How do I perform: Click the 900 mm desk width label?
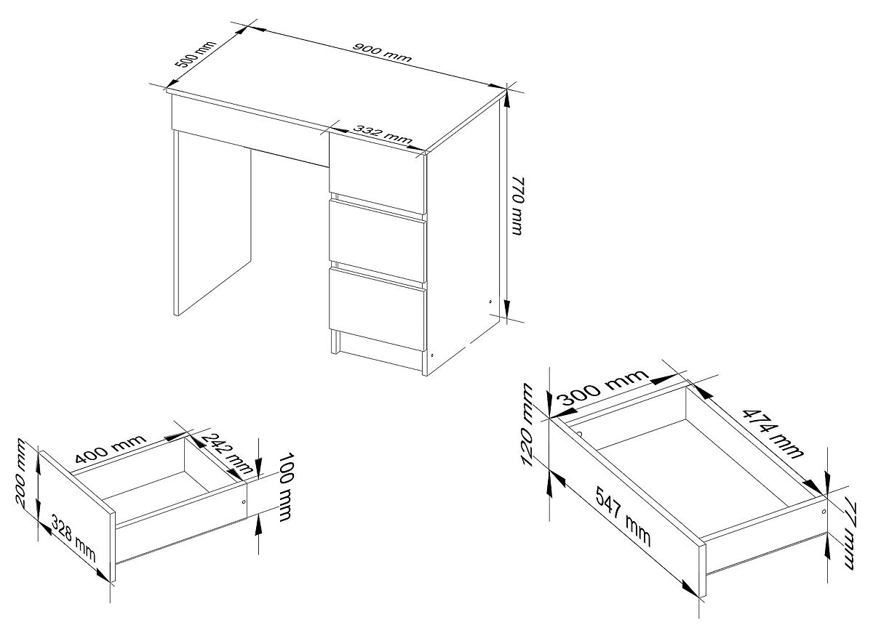tap(381, 52)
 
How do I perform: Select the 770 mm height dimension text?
tap(518, 206)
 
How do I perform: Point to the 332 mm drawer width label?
tap(384, 134)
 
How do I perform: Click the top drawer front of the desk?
tap(378, 172)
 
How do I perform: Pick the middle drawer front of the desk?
tap(378, 241)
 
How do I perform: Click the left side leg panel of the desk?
tap(212, 222)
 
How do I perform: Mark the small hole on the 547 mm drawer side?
tap(824, 512)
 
